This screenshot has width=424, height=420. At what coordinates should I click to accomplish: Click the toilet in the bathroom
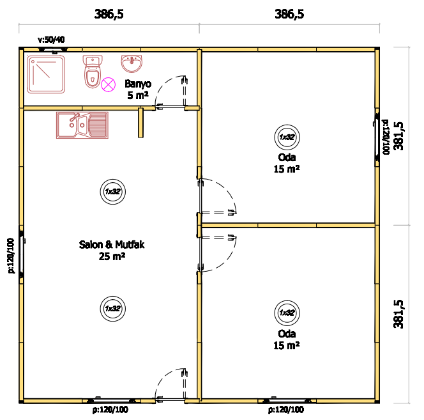point(93,72)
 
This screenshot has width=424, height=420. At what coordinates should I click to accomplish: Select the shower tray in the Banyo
point(46,74)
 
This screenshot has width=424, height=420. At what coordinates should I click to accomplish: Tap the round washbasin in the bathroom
point(132,64)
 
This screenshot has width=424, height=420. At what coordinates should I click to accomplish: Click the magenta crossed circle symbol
point(108,84)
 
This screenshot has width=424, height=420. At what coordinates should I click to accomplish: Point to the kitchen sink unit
point(82,125)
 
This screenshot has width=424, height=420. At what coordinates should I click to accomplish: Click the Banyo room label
point(138,84)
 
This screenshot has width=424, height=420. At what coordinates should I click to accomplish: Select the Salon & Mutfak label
point(112,245)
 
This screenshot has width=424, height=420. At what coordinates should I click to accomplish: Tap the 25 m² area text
point(112,256)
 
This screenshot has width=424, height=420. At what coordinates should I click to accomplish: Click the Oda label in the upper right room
point(287,157)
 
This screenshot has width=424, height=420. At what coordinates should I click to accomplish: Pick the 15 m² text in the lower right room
point(286,346)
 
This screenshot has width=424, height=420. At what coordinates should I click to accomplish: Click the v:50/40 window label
point(51,40)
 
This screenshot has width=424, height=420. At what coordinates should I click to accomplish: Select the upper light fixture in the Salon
point(113,192)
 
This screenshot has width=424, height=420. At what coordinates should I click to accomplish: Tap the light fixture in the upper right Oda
point(287,137)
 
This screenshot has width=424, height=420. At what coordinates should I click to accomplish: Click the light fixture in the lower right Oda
point(287,313)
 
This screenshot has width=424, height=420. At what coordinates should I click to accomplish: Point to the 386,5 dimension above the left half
point(109,14)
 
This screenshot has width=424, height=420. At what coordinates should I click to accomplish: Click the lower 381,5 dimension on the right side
point(398,314)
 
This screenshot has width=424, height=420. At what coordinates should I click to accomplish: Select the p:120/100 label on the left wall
point(11,256)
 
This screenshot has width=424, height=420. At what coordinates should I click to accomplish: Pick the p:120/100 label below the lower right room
point(286,410)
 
